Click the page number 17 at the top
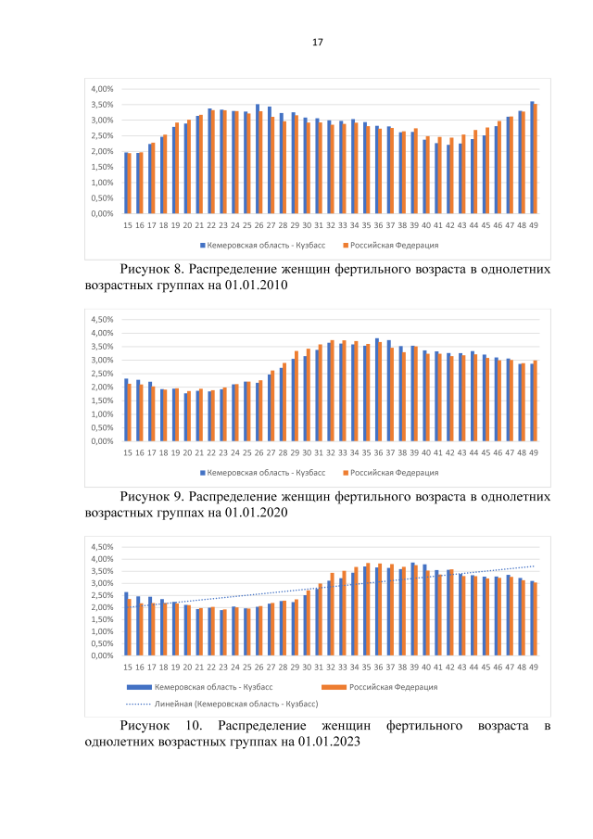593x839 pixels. coord(318,43)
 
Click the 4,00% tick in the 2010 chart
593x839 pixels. coord(101,89)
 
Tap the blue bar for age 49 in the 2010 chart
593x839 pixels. coord(532,158)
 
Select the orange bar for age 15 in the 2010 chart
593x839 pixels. coord(129,184)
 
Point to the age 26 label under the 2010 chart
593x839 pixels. coord(259,224)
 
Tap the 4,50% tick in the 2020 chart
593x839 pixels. coord(101,320)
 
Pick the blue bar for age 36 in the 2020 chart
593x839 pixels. coord(377,390)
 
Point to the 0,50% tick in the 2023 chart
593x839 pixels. coord(101,643)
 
